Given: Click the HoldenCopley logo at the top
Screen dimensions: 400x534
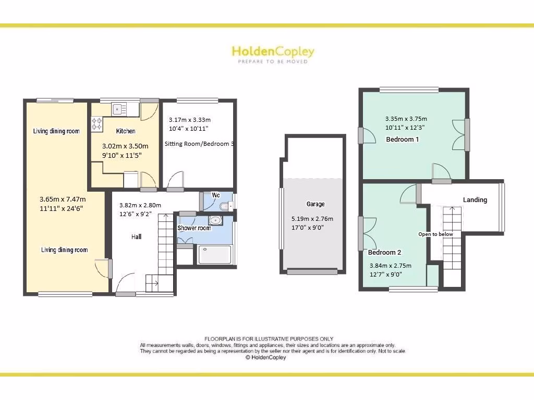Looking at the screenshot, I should [x=273, y=52].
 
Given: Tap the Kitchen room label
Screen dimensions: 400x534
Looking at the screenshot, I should [x=126, y=131].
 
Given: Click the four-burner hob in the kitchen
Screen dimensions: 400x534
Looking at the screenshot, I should [x=98, y=123].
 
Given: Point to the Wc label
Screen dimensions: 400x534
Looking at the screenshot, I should [x=216, y=195].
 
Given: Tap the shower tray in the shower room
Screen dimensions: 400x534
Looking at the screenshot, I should [x=215, y=255].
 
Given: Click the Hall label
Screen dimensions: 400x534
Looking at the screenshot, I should [x=136, y=236].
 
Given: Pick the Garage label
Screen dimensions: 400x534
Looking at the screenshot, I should [x=315, y=204].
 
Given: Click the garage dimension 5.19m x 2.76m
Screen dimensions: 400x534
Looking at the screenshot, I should [x=312, y=219].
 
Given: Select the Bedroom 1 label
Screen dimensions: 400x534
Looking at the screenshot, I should [x=402, y=139].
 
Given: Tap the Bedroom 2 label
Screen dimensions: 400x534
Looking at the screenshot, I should [x=384, y=252].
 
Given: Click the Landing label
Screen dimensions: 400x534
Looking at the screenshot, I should [x=475, y=199].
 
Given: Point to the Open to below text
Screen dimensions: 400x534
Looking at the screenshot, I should [x=435, y=234].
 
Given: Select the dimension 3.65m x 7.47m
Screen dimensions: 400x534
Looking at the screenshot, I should [x=63, y=199].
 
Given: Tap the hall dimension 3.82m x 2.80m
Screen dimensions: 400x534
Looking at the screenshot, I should [x=140, y=205].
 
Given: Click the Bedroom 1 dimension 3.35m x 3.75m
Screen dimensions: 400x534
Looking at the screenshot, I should [x=406, y=118].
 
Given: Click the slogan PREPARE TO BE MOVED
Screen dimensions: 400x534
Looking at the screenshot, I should [x=273, y=61].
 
